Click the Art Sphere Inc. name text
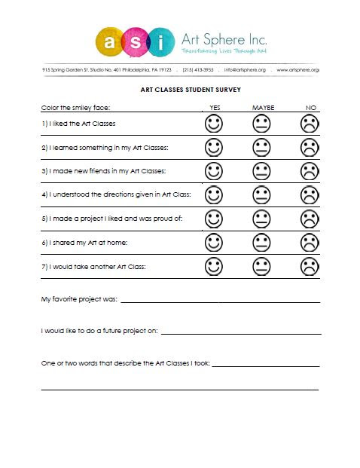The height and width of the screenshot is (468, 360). (x=224, y=38)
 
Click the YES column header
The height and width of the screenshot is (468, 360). (x=215, y=108)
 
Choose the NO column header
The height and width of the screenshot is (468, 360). (x=310, y=108)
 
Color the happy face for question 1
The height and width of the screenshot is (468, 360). (x=215, y=123)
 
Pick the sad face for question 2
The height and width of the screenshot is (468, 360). (x=309, y=147)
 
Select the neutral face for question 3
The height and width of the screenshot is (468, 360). (x=261, y=171)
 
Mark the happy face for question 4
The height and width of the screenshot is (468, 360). (x=215, y=195)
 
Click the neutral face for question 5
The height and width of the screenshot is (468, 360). (x=261, y=219)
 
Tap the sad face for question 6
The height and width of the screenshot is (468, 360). (x=309, y=243)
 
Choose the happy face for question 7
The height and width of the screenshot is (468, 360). (x=215, y=266)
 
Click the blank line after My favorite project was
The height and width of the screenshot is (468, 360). (x=220, y=300)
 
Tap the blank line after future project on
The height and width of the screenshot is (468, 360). (x=241, y=332)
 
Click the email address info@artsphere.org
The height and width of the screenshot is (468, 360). (x=245, y=70)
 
